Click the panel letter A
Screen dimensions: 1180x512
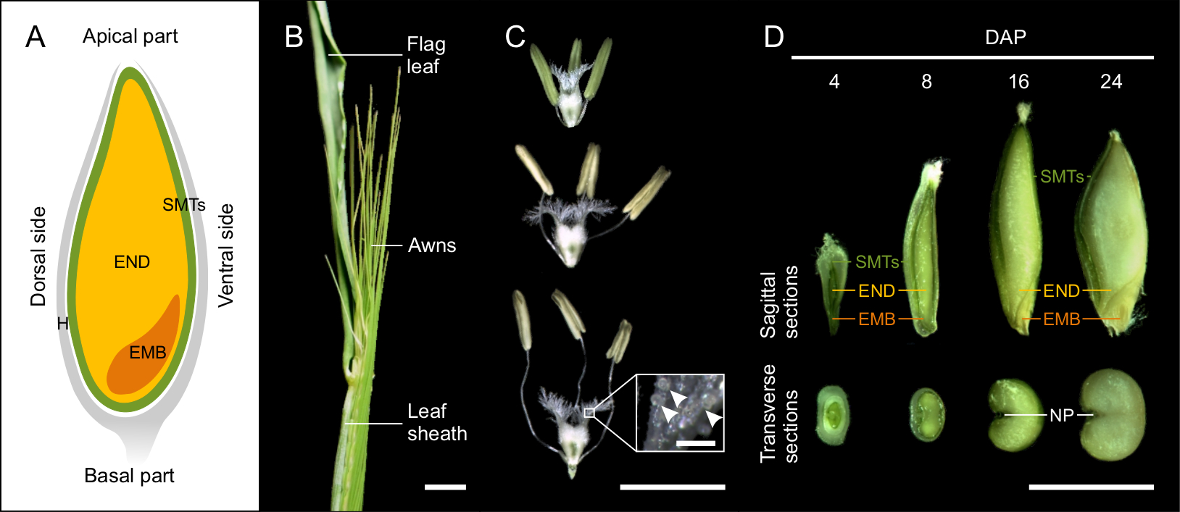tap(36, 37)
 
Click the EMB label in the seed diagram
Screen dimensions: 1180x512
tap(148, 353)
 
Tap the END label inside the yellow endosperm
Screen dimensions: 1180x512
tap(132, 262)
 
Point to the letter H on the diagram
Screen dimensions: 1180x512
tap(62, 324)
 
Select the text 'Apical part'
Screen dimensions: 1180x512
tap(130, 36)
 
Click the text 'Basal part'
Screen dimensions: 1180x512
tap(129, 476)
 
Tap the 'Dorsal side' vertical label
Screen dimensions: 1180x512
tap(38, 256)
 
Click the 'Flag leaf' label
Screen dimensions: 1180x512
tap(425, 55)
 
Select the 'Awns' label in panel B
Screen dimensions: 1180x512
tap(432, 245)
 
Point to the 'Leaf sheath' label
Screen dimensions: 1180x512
tap(436, 422)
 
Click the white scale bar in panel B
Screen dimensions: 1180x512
tap(445, 487)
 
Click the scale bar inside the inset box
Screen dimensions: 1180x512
tap(696, 442)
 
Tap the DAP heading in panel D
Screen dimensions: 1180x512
tap(1005, 38)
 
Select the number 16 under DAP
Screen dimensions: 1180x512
tap(1018, 82)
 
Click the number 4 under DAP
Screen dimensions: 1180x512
tap(834, 82)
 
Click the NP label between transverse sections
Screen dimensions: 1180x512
tap(1061, 416)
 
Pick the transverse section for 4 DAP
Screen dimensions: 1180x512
tap(833, 414)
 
